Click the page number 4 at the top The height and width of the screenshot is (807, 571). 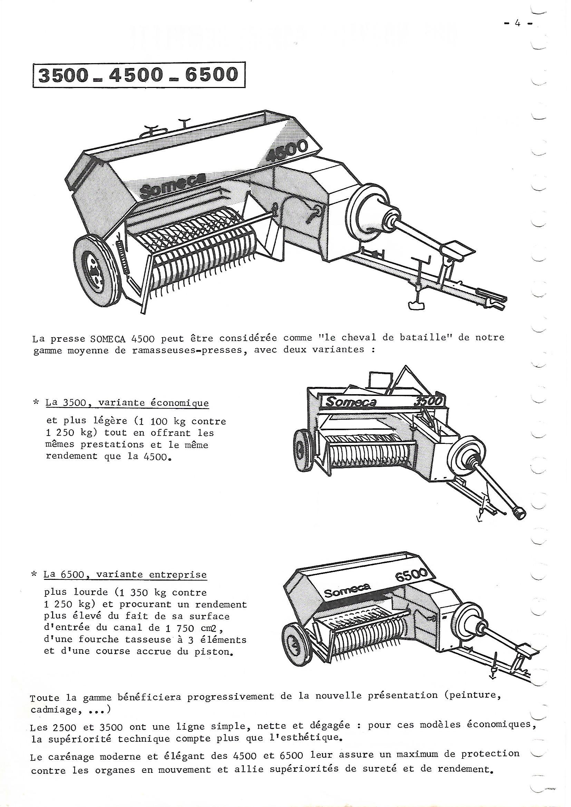[517, 24]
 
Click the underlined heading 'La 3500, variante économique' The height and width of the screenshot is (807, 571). [127, 403]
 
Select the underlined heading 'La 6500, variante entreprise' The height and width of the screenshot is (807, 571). [125, 575]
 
